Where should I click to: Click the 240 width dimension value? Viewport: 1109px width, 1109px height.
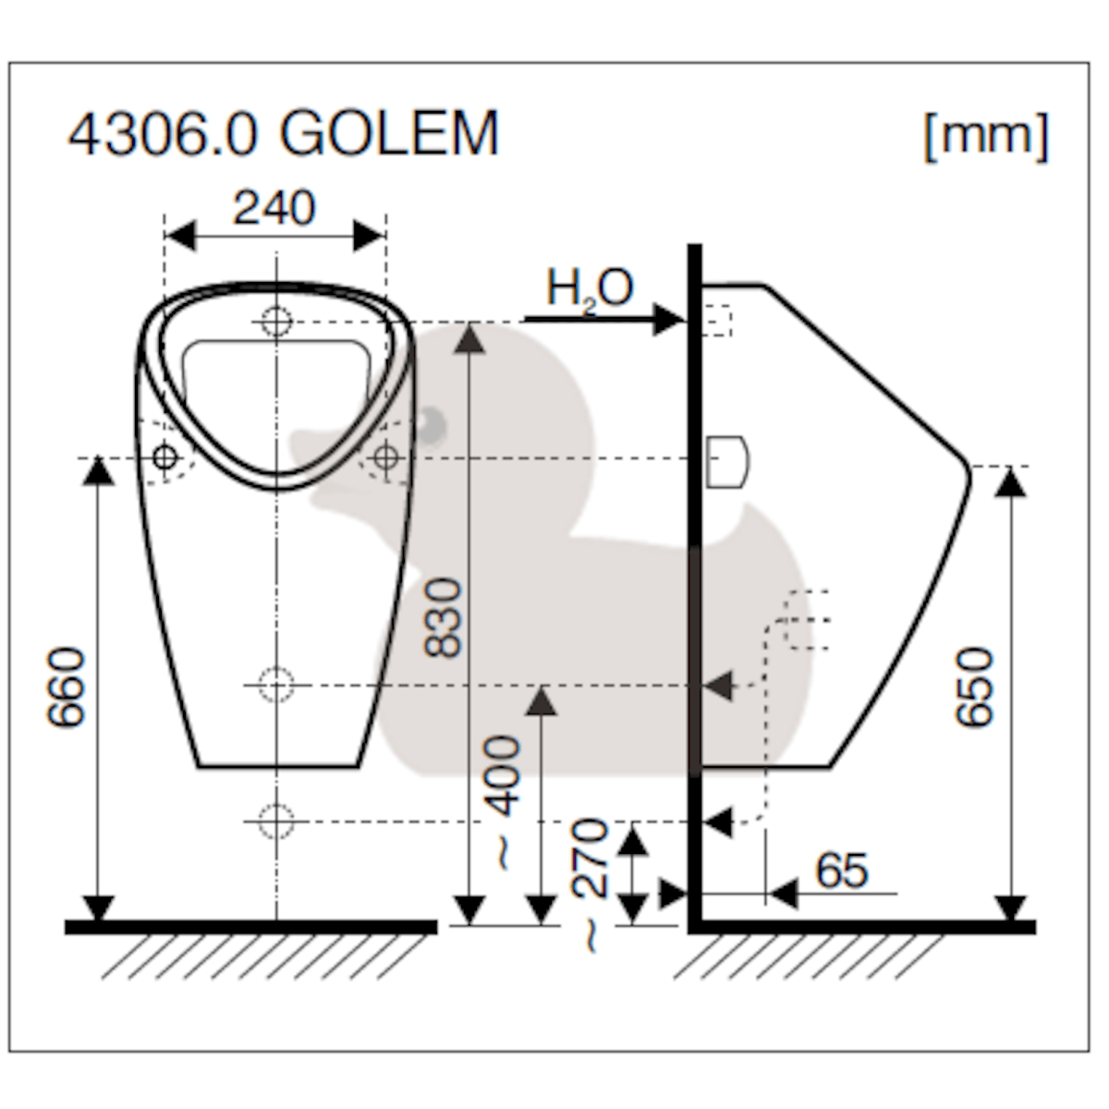point(274,208)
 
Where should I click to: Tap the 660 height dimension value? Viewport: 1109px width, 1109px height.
point(68,688)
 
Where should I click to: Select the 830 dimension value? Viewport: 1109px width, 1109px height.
point(444,618)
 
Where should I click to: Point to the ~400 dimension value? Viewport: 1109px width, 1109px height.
point(504,800)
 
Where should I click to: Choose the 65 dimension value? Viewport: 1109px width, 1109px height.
point(841,871)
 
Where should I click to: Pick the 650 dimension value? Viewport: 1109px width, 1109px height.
point(975,688)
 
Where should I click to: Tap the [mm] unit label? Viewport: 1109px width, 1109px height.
point(986,136)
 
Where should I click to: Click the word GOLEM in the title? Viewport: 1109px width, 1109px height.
point(389,133)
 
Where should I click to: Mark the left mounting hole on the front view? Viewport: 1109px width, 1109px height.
point(165,457)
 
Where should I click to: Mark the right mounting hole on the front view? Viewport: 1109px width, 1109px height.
point(385,457)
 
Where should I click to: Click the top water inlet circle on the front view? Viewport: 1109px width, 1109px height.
point(275,322)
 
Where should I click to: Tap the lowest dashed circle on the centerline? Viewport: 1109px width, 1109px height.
point(275,820)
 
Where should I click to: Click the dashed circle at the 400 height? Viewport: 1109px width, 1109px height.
point(275,685)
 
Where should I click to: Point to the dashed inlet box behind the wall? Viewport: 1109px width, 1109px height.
point(717,320)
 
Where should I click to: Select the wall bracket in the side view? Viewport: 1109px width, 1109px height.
point(727,461)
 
